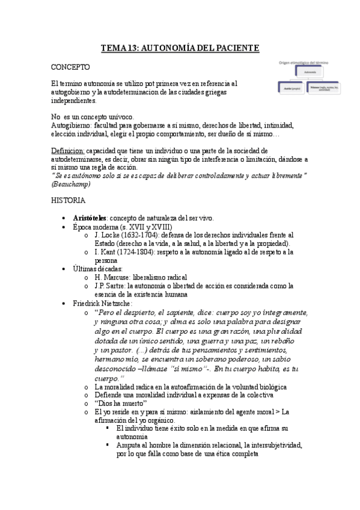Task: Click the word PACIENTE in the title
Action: point(234,47)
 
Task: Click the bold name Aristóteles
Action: point(90,217)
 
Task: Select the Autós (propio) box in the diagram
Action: point(291,88)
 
